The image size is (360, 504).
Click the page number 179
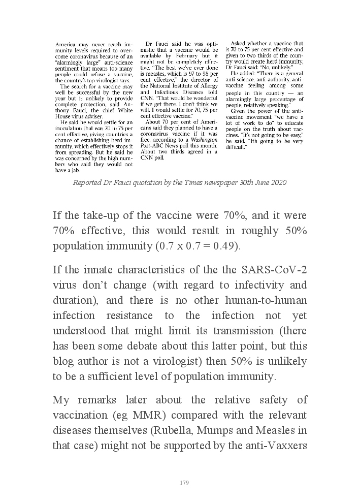(184, 483)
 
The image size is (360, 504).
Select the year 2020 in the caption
(277, 182)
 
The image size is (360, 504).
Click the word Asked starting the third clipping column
(241, 44)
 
